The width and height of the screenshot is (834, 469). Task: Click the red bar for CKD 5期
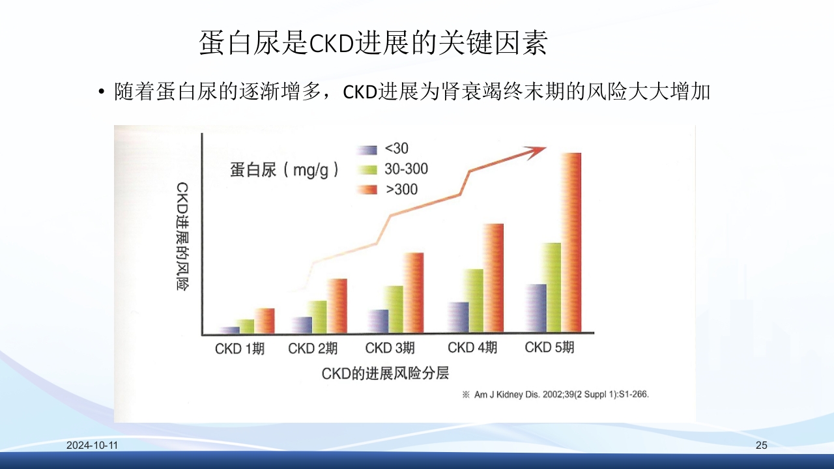pos(570,242)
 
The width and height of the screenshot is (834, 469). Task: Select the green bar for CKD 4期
pos(473,300)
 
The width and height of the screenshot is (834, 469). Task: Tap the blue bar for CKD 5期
pos(536,307)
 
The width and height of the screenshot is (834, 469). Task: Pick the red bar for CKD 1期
pos(265,320)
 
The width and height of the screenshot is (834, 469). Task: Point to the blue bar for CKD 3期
pos(378,320)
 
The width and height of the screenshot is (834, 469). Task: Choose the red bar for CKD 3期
pos(413,292)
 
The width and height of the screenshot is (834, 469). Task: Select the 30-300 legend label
pos(407,169)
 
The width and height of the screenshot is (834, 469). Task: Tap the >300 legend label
pos(401,190)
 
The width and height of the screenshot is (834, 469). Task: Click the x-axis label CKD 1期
pos(240,348)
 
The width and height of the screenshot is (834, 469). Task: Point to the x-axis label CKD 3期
pos(390,348)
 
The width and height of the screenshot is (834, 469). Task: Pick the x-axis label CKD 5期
pos(549,347)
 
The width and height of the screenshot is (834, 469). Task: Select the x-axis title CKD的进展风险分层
pos(385,373)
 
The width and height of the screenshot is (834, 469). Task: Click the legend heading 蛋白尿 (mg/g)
pos(285,170)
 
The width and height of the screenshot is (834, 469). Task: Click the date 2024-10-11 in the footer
pos(92,446)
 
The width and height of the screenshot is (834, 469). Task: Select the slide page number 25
pos(762,446)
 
